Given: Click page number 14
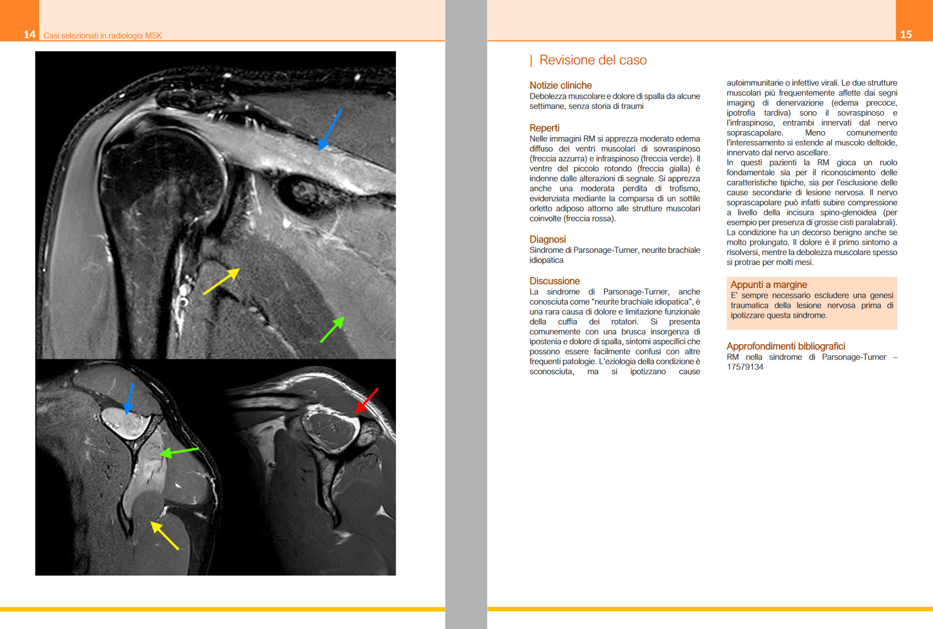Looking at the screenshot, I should tap(29, 34).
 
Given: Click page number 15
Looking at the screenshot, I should tap(906, 34).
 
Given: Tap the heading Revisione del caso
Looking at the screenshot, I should tap(593, 60).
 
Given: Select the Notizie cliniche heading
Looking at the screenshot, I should tap(560, 85).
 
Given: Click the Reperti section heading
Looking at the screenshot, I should tap(544, 128).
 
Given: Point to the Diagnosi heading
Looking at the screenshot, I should tap(547, 239).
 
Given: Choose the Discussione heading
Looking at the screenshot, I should tap(554, 281).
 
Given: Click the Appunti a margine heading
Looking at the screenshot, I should tap(768, 285).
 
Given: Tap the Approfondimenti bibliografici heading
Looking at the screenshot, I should tap(785, 346).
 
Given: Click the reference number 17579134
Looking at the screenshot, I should tap(745, 367).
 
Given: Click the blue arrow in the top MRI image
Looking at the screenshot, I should tap(330, 129).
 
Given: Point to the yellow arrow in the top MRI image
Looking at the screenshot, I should tap(221, 281).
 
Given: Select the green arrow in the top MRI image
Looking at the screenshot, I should tap(332, 329).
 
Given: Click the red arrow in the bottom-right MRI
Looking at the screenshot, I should tap(367, 400).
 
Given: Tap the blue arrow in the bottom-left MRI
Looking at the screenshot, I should tap(129, 398).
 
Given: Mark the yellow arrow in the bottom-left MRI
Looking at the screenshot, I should tap(165, 535).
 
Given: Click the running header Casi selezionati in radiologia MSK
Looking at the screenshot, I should tap(102, 36).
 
